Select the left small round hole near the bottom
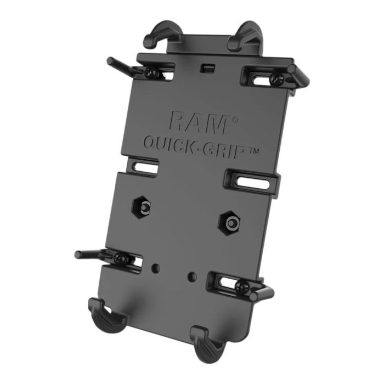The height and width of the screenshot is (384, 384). tap(156, 268)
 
